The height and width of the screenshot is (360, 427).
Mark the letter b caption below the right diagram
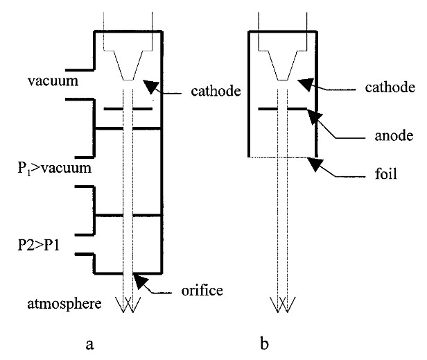click(x=282, y=341)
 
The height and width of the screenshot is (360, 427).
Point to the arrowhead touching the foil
click(x=316, y=165)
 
